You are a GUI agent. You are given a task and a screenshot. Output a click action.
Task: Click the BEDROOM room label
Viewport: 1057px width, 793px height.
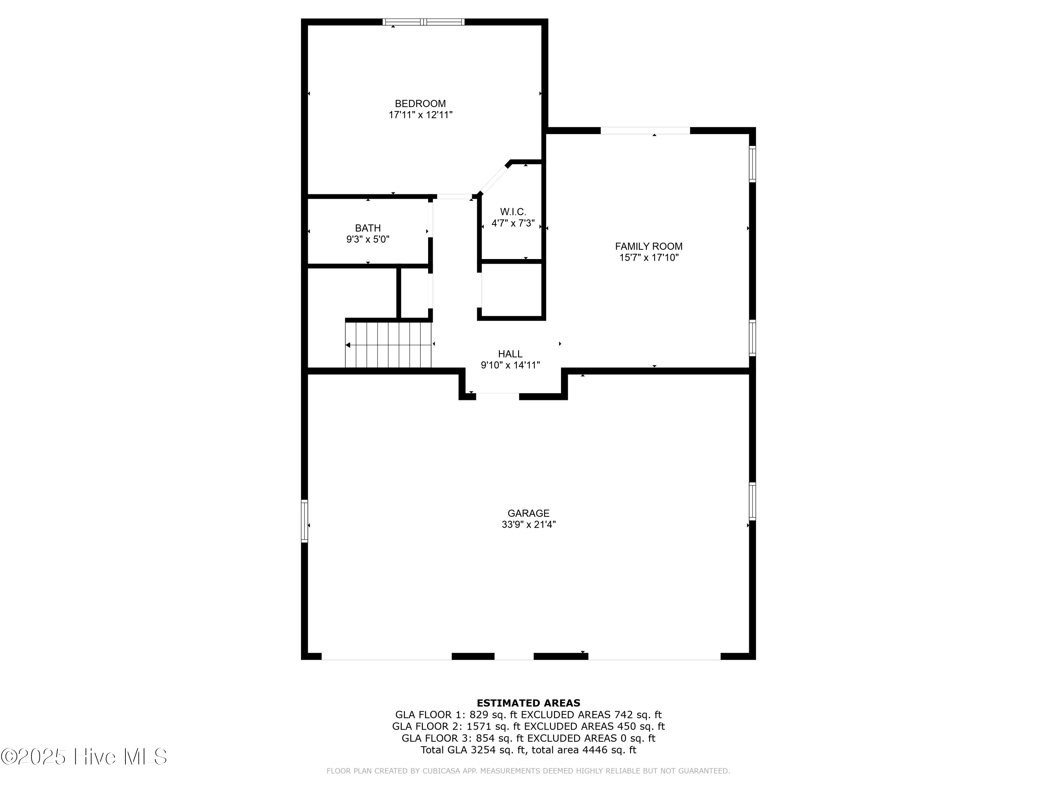tap(420, 103)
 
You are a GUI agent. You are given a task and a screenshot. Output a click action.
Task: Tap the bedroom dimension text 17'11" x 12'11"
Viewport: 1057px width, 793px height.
tap(420, 115)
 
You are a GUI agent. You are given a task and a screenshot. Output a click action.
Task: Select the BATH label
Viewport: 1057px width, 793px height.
tap(367, 228)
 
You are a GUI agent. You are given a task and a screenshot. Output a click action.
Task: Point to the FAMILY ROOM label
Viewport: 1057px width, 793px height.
tap(648, 246)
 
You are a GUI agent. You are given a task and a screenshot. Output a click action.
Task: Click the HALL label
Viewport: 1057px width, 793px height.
tap(510, 354)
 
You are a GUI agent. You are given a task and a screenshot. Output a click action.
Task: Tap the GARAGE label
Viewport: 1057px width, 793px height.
tap(528, 513)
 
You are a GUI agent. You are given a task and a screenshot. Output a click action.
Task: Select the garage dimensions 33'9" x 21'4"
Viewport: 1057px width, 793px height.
tap(528, 524)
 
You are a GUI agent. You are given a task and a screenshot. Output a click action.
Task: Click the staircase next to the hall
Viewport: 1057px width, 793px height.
tap(388, 345)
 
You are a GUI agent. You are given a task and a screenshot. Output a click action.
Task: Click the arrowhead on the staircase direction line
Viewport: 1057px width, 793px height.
tap(348, 345)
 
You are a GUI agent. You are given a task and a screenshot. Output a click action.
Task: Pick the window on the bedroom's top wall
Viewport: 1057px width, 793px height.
tap(424, 22)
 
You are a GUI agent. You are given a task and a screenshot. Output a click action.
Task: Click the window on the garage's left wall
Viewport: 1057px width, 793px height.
tap(304, 521)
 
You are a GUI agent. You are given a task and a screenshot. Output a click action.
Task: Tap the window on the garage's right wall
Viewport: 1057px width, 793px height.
tap(752, 502)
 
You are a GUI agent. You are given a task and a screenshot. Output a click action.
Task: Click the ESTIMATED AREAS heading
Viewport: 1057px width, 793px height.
tap(528, 703)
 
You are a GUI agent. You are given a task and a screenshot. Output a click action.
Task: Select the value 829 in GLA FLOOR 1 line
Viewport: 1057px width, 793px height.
tap(478, 715)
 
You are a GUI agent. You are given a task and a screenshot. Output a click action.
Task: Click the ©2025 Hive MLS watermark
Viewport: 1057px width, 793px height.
tap(84, 757)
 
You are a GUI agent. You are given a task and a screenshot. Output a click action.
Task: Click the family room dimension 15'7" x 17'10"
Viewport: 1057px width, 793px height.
tap(648, 258)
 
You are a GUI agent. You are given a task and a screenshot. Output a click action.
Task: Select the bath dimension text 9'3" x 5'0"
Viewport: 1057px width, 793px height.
tap(367, 239)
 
